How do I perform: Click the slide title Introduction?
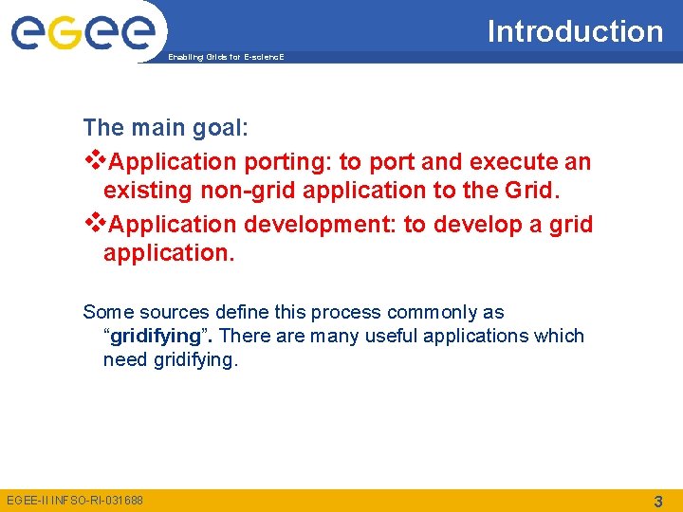[575, 31]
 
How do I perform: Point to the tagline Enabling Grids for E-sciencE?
[226, 58]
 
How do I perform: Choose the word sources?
[172, 312]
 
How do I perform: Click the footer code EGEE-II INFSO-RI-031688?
[75, 500]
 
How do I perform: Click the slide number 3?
[657, 500]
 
